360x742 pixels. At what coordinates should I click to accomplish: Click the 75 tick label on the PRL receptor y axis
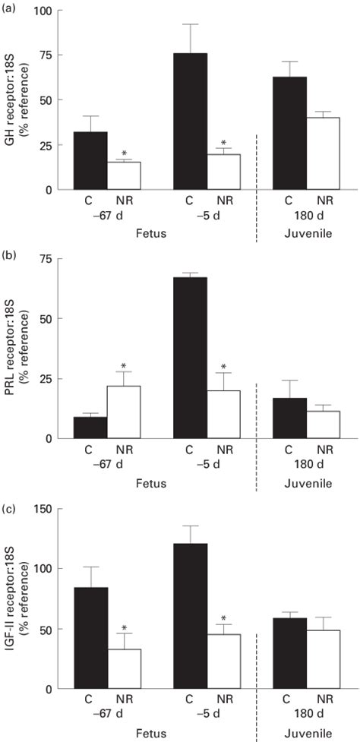[x=49, y=259]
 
